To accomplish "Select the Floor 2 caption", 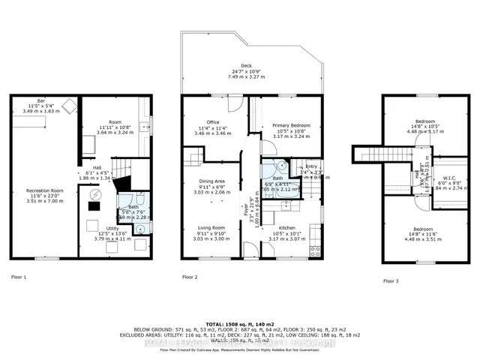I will click(x=190, y=277).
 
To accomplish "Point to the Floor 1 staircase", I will click(x=121, y=172).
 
